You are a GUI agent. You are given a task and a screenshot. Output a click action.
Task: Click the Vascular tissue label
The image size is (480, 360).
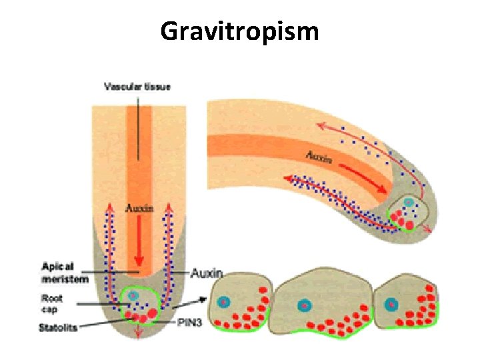click(x=137, y=86)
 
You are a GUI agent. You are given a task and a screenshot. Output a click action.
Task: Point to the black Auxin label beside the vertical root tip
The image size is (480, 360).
click(x=207, y=273)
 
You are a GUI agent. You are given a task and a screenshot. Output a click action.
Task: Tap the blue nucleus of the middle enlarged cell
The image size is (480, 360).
click(x=303, y=305)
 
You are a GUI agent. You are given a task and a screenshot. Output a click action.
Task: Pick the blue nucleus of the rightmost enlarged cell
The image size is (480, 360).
click(x=392, y=304)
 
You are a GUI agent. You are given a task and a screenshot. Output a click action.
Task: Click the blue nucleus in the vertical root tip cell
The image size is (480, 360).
click(x=133, y=295)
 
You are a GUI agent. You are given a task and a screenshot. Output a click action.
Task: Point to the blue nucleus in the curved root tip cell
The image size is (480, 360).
click(x=409, y=202)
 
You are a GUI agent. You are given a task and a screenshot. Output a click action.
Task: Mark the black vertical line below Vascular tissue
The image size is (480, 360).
click(x=138, y=127)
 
